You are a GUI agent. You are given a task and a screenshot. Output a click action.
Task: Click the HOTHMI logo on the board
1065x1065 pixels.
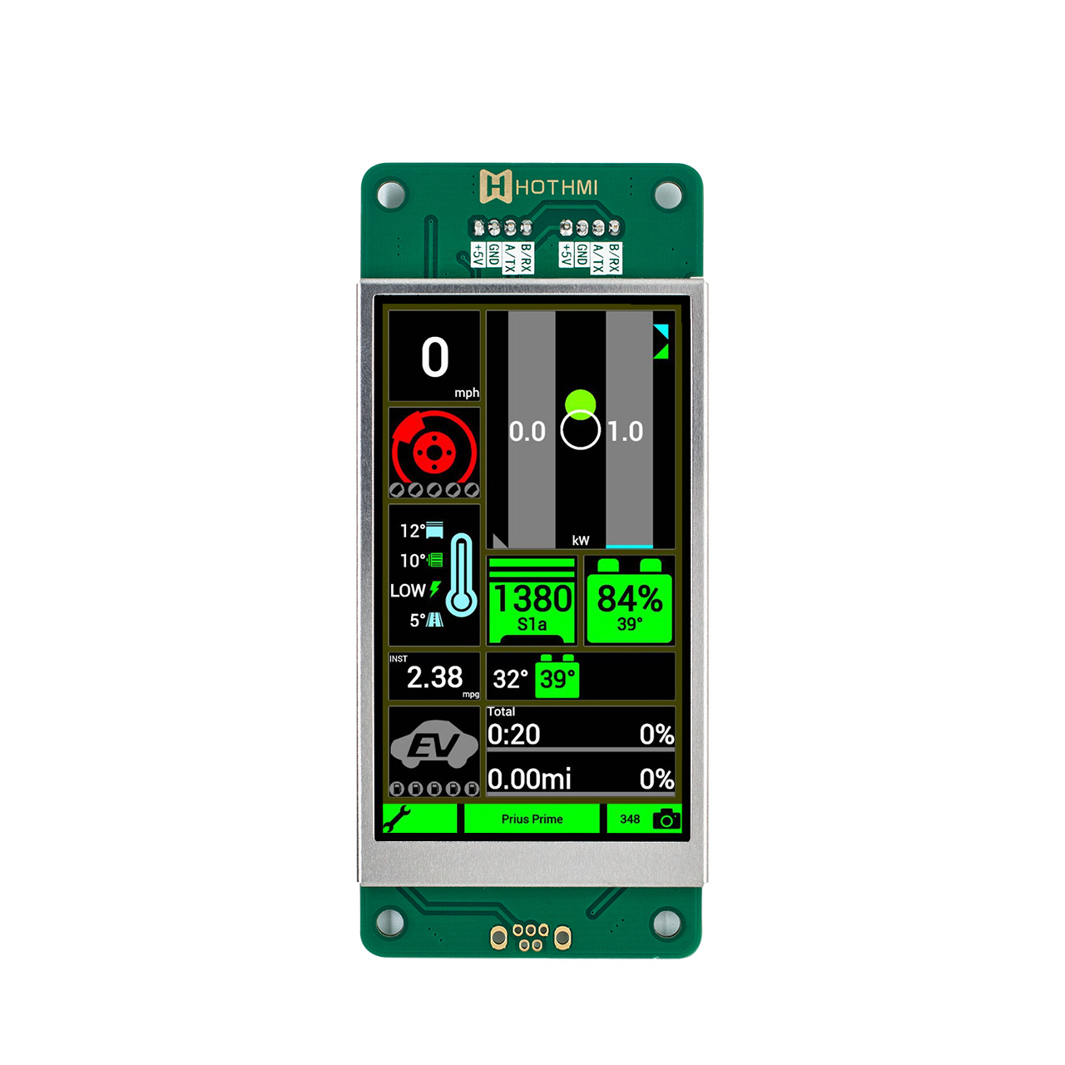(538, 186)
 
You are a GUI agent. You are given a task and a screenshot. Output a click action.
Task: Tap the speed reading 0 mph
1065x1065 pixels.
(434, 359)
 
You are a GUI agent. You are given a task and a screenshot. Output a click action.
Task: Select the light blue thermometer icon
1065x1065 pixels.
(461, 575)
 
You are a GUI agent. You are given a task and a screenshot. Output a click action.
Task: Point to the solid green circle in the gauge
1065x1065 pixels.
(580, 403)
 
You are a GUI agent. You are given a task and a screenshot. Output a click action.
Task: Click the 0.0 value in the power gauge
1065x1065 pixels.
(527, 432)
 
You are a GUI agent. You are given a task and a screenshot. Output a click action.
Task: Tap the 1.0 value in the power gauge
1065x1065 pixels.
(625, 432)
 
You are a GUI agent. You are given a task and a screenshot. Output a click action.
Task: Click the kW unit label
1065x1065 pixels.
(581, 541)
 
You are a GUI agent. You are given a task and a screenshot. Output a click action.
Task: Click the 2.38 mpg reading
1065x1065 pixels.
(434, 677)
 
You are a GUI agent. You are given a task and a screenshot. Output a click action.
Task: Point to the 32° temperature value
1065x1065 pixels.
(510, 679)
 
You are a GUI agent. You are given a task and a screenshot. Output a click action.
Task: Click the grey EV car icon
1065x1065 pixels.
(433, 745)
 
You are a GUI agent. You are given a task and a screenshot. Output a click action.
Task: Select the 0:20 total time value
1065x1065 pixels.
(514, 735)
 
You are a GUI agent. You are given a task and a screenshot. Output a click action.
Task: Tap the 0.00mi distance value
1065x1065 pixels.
(529, 780)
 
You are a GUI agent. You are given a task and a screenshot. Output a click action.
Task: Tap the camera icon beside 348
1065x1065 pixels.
(666, 820)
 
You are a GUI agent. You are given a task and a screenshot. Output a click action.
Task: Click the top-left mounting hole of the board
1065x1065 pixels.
(391, 195)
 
